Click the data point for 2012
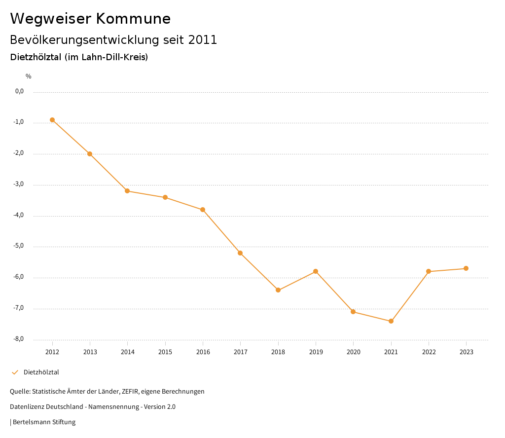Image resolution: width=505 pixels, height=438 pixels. coord(52,120)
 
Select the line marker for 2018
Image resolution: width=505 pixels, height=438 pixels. coord(278,290)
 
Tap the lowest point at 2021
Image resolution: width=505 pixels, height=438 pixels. coord(391,321)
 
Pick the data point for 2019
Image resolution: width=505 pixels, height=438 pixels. coord(316,271)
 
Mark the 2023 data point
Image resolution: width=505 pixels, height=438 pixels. coord(466,268)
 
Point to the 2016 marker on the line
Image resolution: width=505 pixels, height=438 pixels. coord(203,210)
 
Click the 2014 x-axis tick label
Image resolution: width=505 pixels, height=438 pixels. coord(128,352)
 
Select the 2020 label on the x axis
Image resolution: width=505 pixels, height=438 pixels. coord(354,352)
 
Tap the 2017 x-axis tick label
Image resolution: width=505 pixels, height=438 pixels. coord(241,352)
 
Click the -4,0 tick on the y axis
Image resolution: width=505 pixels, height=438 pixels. coord(19,216)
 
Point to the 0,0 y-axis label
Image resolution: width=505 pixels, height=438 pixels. coord(19,91)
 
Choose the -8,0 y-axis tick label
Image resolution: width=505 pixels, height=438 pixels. coord(19,339)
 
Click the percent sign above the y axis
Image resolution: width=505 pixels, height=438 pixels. coord(29,76)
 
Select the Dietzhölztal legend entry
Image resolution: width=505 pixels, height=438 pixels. coord(41,372)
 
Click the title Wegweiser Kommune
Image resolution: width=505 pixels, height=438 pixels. coord(90,19)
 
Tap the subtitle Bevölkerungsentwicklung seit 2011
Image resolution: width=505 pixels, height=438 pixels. coord(113,40)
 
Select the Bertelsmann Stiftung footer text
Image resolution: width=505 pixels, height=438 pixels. coord(44,422)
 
